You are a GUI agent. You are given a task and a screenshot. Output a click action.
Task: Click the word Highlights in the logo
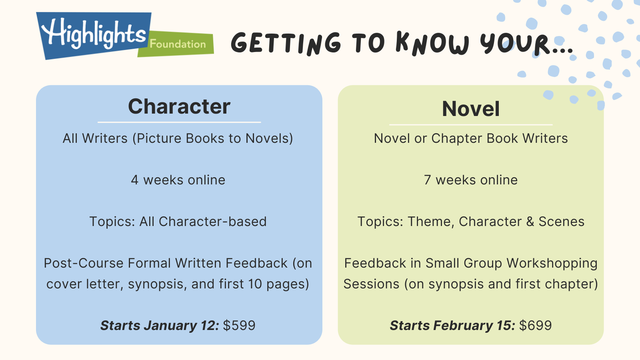click(94, 34)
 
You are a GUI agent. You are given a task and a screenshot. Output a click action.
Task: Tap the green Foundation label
click(178, 44)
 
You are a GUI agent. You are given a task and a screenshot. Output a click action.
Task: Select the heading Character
click(179, 106)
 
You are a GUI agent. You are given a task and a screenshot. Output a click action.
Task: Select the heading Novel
click(471, 109)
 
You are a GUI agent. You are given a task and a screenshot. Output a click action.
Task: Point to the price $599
click(239, 326)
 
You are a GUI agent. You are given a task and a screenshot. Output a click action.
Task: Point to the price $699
click(536, 326)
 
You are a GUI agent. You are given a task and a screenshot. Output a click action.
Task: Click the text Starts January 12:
click(160, 326)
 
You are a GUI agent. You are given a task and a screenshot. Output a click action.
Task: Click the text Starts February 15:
click(452, 326)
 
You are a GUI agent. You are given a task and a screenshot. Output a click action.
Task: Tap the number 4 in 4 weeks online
click(134, 180)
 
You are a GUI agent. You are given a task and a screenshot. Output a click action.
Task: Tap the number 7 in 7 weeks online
click(427, 180)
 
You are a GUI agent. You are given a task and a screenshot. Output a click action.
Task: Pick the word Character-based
click(212, 222)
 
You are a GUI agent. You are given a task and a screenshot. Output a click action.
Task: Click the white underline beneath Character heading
click(179, 122)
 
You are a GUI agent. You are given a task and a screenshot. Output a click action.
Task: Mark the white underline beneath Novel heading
click(471, 124)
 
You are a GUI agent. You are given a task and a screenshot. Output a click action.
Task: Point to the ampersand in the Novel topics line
click(530, 222)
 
